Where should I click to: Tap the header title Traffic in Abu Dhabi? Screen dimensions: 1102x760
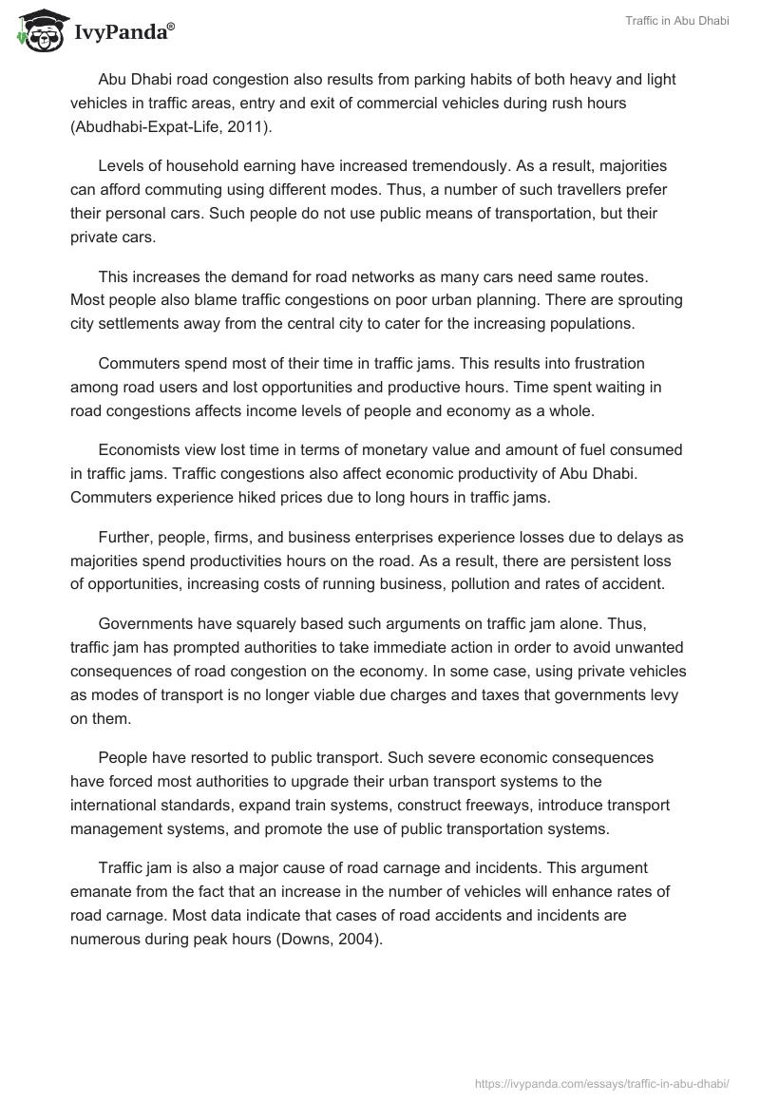[677, 22]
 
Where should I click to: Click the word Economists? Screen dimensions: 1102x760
[142, 450]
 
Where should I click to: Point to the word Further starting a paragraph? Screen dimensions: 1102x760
[125, 538]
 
